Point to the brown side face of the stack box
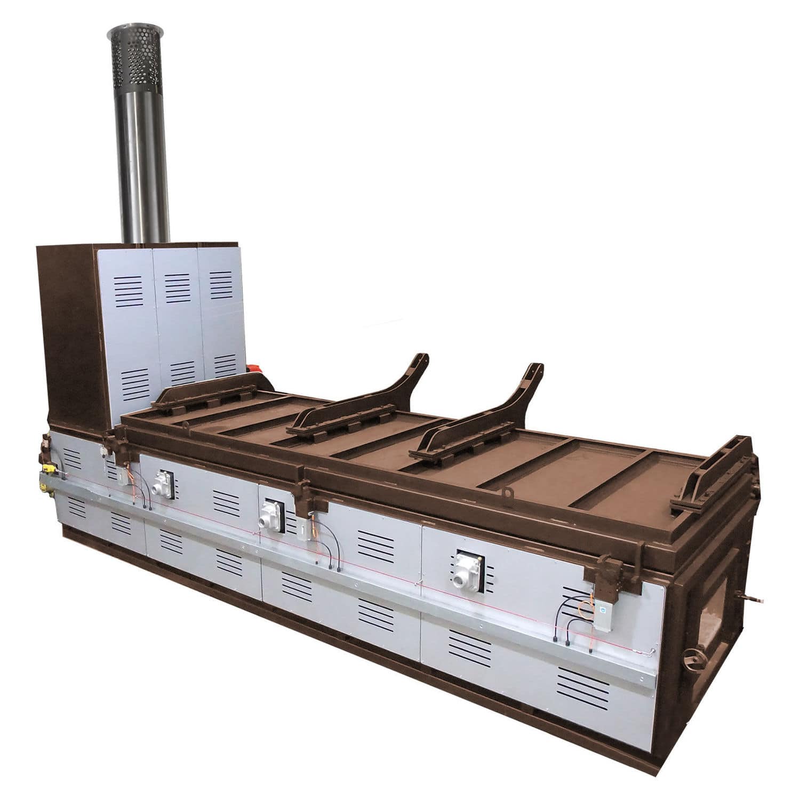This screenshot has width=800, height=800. coord(67,331)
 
